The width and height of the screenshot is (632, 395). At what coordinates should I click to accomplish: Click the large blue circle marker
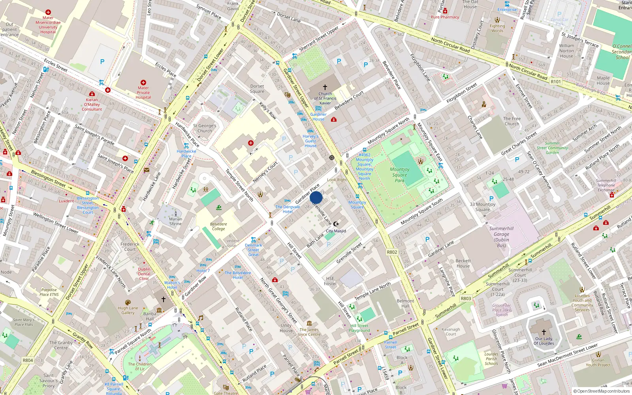pyautogui.click(x=316, y=197)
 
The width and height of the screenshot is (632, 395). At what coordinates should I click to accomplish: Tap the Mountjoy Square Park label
pyautogui.click(x=400, y=175)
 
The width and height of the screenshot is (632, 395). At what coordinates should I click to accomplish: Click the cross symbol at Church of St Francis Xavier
pyautogui.click(x=325, y=87)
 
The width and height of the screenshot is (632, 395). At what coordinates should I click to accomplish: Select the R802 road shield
pyautogui.click(x=392, y=252)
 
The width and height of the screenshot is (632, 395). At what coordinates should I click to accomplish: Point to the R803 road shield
pyautogui.click(x=466, y=299)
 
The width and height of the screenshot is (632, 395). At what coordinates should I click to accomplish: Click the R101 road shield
pyautogui.click(x=555, y=82)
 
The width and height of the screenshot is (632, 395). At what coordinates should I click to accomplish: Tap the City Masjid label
pyautogui.click(x=336, y=231)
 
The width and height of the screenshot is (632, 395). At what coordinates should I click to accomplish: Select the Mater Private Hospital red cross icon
pyautogui.click(x=143, y=83)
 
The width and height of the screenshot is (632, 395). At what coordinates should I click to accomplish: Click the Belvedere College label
pyautogui.click(x=218, y=226)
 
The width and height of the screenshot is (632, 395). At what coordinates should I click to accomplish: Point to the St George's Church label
pyautogui.click(x=205, y=128)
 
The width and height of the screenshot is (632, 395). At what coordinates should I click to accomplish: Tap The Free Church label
pyautogui.click(x=512, y=121)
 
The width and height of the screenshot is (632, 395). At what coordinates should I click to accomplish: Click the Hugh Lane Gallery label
pyautogui.click(x=128, y=310)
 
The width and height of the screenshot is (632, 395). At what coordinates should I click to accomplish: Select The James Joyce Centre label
pyautogui.click(x=310, y=332)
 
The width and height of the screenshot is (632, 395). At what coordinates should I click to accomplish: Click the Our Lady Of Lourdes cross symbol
pyautogui.click(x=544, y=332)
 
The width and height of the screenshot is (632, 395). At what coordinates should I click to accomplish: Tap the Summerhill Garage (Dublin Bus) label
pyautogui.click(x=501, y=237)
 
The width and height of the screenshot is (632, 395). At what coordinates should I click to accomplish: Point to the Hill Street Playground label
pyautogui.click(x=359, y=328)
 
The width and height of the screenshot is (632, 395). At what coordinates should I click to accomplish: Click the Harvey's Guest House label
pyautogui.click(x=310, y=141)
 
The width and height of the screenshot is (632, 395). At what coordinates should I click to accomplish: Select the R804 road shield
pyautogui.click(x=28, y=360)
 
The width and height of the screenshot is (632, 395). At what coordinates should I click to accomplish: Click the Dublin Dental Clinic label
pyautogui.click(x=144, y=274)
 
